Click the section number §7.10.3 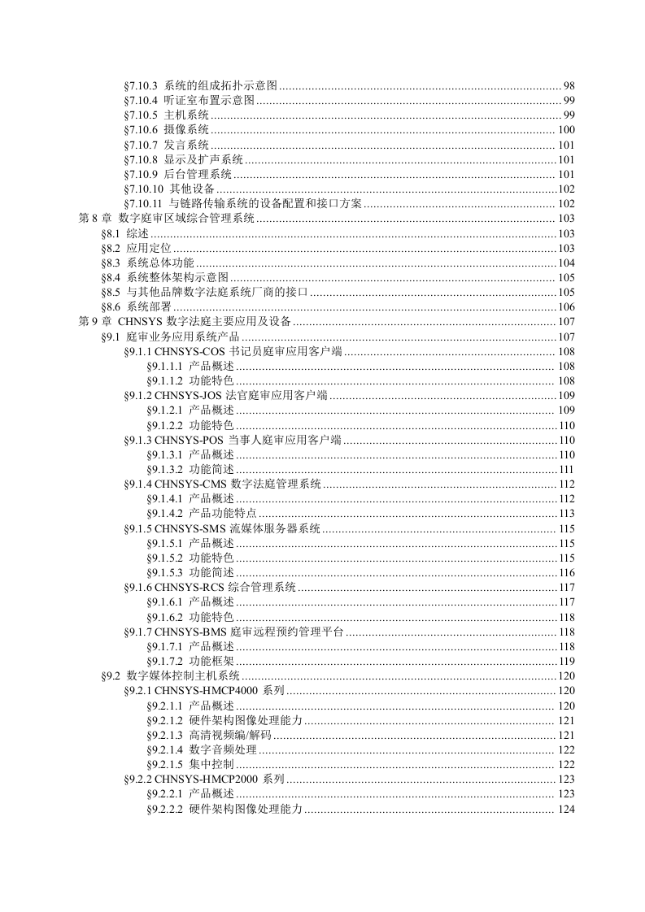[x=141, y=85]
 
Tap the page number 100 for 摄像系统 [x=566, y=130]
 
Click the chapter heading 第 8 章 [x=94, y=219]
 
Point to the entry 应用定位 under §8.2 [x=149, y=248]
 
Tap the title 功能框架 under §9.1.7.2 [x=211, y=661]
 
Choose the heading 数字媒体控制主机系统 [x=183, y=675]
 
